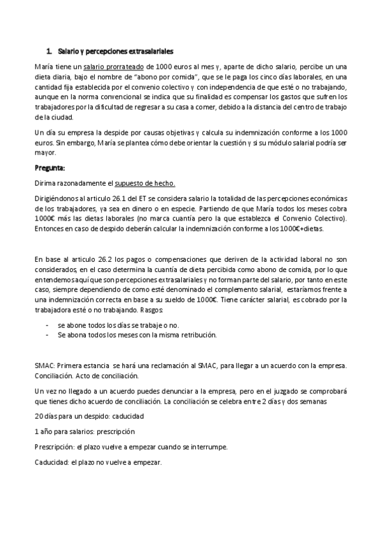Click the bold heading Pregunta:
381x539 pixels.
(x=50, y=168)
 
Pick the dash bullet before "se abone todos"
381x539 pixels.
(x=48, y=325)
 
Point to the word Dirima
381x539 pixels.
(x=45, y=183)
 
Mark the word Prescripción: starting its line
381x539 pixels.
(x=52, y=447)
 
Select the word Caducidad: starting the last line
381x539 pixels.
(x=50, y=462)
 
